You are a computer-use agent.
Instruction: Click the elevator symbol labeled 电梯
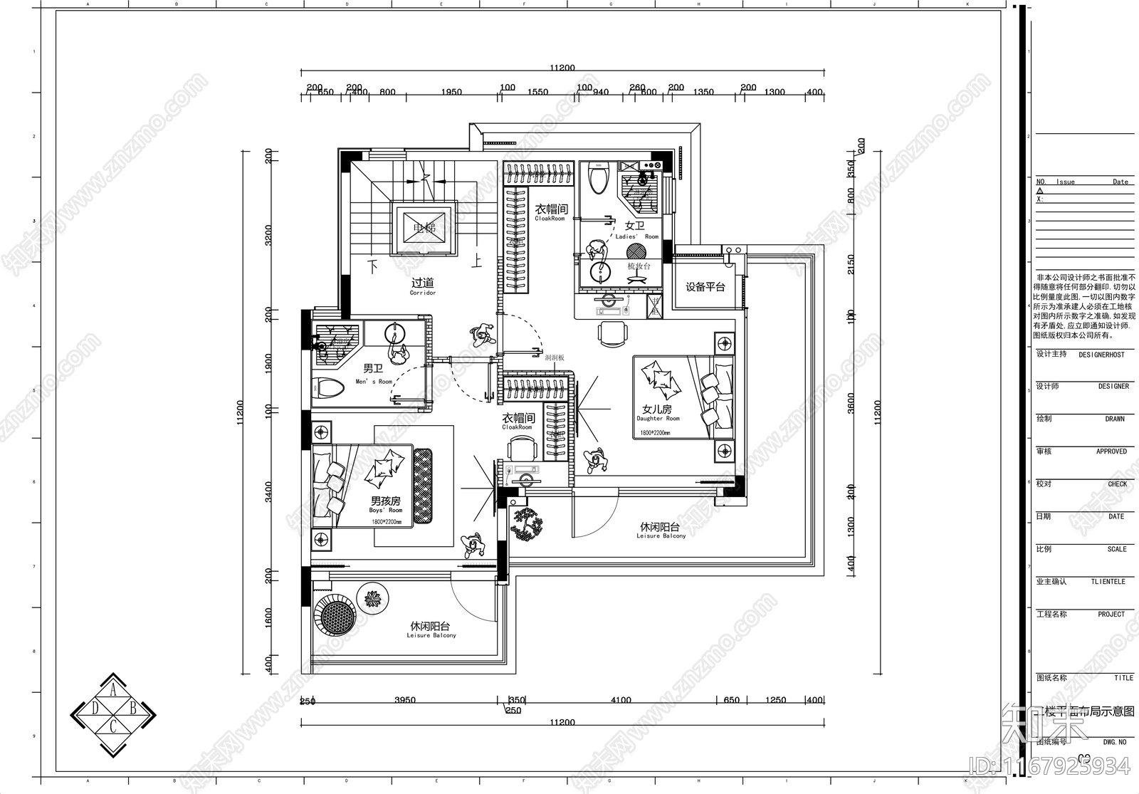point(424,229)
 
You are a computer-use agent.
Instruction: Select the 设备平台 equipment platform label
point(705,287)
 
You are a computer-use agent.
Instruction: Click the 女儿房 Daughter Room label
point(657,412)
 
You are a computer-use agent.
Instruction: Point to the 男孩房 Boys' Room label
point(385,504)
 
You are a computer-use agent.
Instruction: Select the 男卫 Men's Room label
point(373,372)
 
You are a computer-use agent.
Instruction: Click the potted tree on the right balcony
point(527,525)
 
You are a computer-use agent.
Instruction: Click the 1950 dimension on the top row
point(451,92)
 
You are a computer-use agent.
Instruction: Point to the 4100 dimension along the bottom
point(621,700)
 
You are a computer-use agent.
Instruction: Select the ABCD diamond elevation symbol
point(113,714)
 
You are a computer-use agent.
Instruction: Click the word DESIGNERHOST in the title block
point(1101,355)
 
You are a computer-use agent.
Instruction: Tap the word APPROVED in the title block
point(1111,451)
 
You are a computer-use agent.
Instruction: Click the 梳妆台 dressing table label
point(639,266)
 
